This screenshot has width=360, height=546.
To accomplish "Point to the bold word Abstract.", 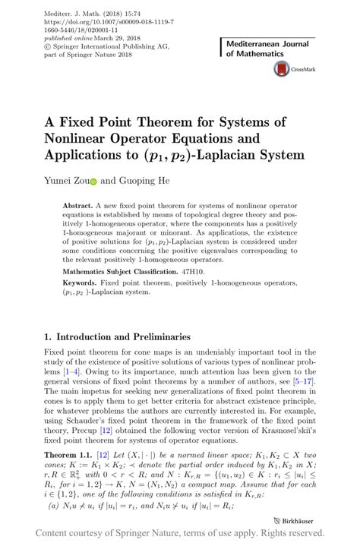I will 77,207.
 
